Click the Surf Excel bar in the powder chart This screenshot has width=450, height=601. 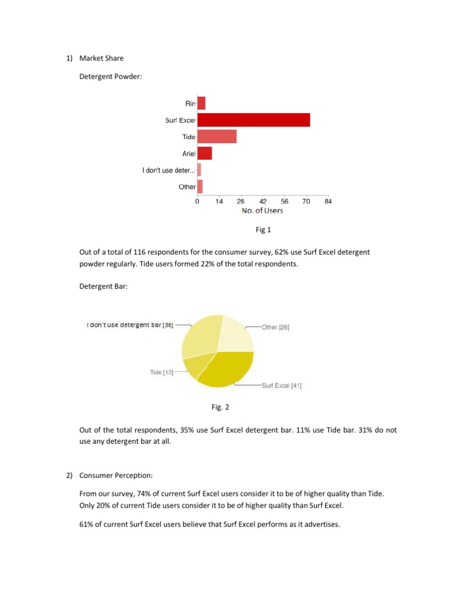tap(254, 120)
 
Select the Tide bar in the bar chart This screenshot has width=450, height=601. tap(217, 137)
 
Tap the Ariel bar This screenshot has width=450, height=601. tap(204, 153)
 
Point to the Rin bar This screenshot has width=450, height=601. tap(201, 103)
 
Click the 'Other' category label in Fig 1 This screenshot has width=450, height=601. tap(187, 187)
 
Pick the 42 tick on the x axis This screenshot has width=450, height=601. tap(262, 201)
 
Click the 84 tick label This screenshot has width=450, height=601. tap(328, 201)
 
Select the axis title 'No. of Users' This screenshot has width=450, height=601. tap(262, 211)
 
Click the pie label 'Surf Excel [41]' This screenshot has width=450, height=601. tap(282, 386)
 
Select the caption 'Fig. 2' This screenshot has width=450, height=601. tap(217, 406)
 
